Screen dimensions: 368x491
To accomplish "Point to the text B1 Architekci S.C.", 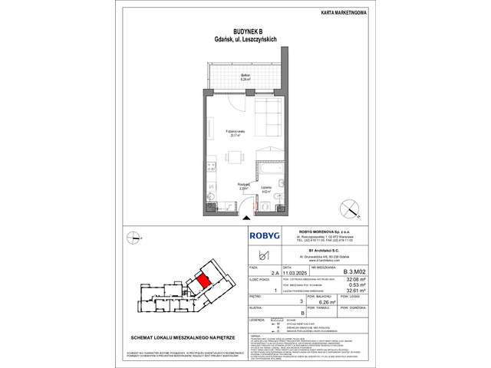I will tap(313, 251).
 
